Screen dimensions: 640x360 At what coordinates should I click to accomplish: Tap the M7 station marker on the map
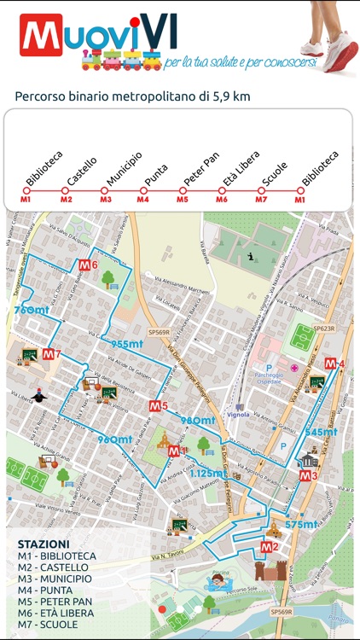click(x=51, y=354)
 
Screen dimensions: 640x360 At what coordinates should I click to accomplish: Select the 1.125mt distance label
click(x=208, y=473)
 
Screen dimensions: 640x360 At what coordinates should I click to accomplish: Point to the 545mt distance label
click(x=322, y=433)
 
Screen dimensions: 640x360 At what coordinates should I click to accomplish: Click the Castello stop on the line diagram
click(x=67, y=190)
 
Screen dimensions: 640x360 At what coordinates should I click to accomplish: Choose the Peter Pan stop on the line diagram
click(x=183, y=190)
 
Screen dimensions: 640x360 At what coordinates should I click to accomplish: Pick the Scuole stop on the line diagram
click(x=262, y=190)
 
